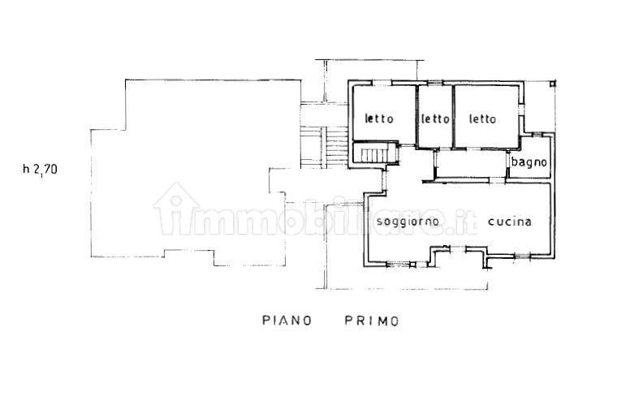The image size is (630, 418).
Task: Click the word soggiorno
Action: pos(408,222)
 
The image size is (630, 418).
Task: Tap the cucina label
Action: pos(510,222)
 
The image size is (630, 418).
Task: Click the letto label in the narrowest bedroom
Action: pos(435,119)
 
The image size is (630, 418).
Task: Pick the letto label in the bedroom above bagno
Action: pos(482,119)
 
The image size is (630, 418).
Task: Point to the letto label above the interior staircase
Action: pos(379,119)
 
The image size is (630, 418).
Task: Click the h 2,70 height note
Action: pos(41,170)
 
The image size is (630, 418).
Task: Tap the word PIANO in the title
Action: pos(287,321)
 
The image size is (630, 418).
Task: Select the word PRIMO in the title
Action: pos(366,321)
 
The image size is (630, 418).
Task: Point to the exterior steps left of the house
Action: pos(313,145)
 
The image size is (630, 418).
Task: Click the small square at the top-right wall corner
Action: pos(553,82)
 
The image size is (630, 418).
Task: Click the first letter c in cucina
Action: pos(491,222)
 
